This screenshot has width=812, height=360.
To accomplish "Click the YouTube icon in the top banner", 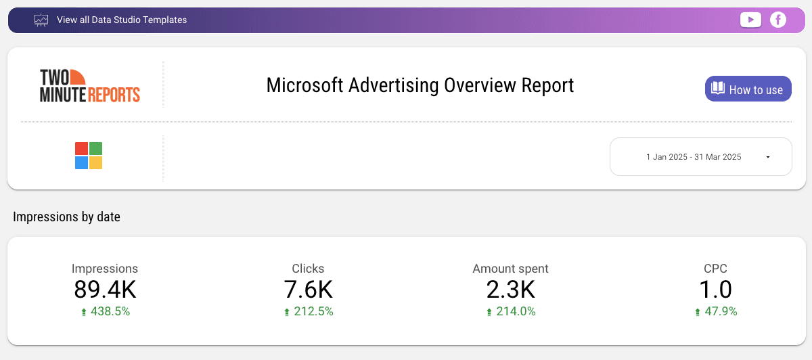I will (750, 20).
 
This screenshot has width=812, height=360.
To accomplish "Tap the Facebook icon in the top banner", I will (778, 20).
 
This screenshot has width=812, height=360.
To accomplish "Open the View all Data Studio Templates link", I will (122, 20).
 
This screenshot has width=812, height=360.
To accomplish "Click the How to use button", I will (748, 89).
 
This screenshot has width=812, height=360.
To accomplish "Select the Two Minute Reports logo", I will (90, 85).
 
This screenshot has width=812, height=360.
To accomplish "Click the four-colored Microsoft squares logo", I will (89, 156).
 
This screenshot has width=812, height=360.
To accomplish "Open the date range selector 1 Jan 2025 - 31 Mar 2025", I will (694, 157).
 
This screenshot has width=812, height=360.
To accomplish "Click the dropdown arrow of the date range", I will (768, 157).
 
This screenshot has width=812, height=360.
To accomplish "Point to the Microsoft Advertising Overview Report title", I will (420, 85).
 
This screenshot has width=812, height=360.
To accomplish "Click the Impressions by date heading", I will (66, 217).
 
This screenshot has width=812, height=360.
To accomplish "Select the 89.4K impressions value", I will (105, 290).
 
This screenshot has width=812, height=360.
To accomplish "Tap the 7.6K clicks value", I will (308, 290).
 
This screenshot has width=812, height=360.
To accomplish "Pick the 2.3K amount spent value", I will (510, 290).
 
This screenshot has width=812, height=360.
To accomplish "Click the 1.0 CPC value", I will (715, 290).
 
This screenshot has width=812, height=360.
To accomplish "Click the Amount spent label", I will (510, 269).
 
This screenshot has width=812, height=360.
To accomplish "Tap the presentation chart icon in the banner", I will (41, 20).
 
